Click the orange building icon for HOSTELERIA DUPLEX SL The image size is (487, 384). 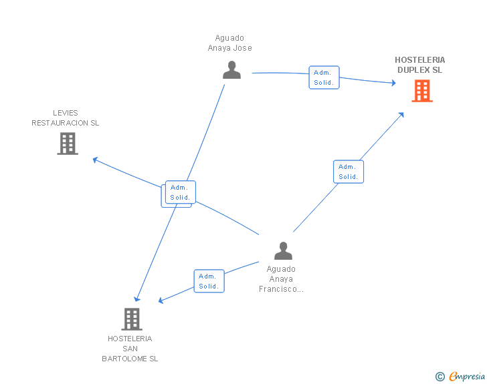(x=422, y=91)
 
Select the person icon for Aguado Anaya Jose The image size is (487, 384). (x=231, y=70)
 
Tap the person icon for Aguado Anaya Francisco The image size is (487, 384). (x=284, y=251)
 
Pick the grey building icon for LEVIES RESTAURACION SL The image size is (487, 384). (x=68, y=144)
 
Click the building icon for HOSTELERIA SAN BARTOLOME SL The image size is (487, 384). (x=132, y=319)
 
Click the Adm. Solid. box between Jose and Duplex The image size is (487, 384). (x=324, y=77)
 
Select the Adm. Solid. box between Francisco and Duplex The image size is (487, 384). (x=349, y=172)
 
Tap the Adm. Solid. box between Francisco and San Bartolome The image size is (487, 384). (x=209, y=281)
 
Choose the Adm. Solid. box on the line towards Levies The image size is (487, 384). (x=180, y=192)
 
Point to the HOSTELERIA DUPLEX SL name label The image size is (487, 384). (x=419, y=65)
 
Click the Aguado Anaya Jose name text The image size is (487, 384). (x=229, y=43)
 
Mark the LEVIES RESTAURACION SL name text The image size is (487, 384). (x=66, y=118)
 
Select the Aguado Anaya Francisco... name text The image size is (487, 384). (x=282, y=279)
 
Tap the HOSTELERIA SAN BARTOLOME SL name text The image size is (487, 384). (x=130, y=349)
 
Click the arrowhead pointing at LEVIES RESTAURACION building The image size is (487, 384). (x=96, y=160)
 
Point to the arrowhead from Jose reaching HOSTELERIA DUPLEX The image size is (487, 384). (x=393, y=83)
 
